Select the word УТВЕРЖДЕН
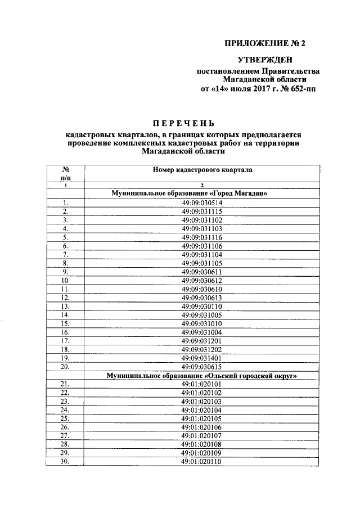pyautogui.click(x=265, y=60)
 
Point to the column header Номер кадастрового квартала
pyautogui.click(x=202, y=169)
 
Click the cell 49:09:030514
pyautogui.click(x=202, y=202)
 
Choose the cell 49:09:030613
pyautogui.click(x=202, y=297)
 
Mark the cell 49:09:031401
pyautogui.click(x=202, y=357)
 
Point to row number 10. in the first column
pyautogui.click(x=65, y=280)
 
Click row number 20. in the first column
pyautogui.click(x=65, y=366)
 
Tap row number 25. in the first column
pyautogui.click(x=65, y=418)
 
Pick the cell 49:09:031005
pyautogui.click(x=202, y=315)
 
